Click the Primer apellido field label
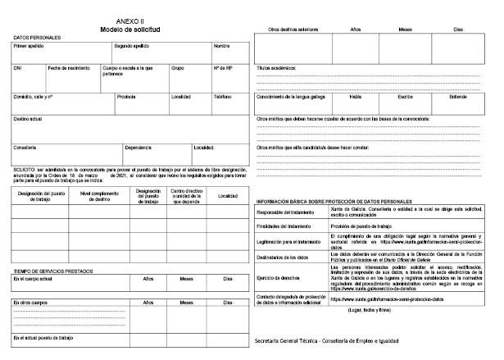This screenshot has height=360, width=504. [x=30, y=46]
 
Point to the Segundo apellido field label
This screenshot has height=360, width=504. [x=131, y=46]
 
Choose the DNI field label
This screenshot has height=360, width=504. [x=18, y=67]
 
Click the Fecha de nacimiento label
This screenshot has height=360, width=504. [x=69, y=67]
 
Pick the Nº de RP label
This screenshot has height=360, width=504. [x=224, y=67]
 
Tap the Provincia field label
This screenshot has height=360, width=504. [x=126, y=96]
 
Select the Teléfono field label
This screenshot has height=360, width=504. [x=223, y=96]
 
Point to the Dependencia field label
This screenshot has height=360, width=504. [x=138, y=148]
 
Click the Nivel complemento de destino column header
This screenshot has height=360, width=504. [x=95, y=195]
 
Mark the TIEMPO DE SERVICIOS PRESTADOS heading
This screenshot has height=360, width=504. [x=51, y=271]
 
